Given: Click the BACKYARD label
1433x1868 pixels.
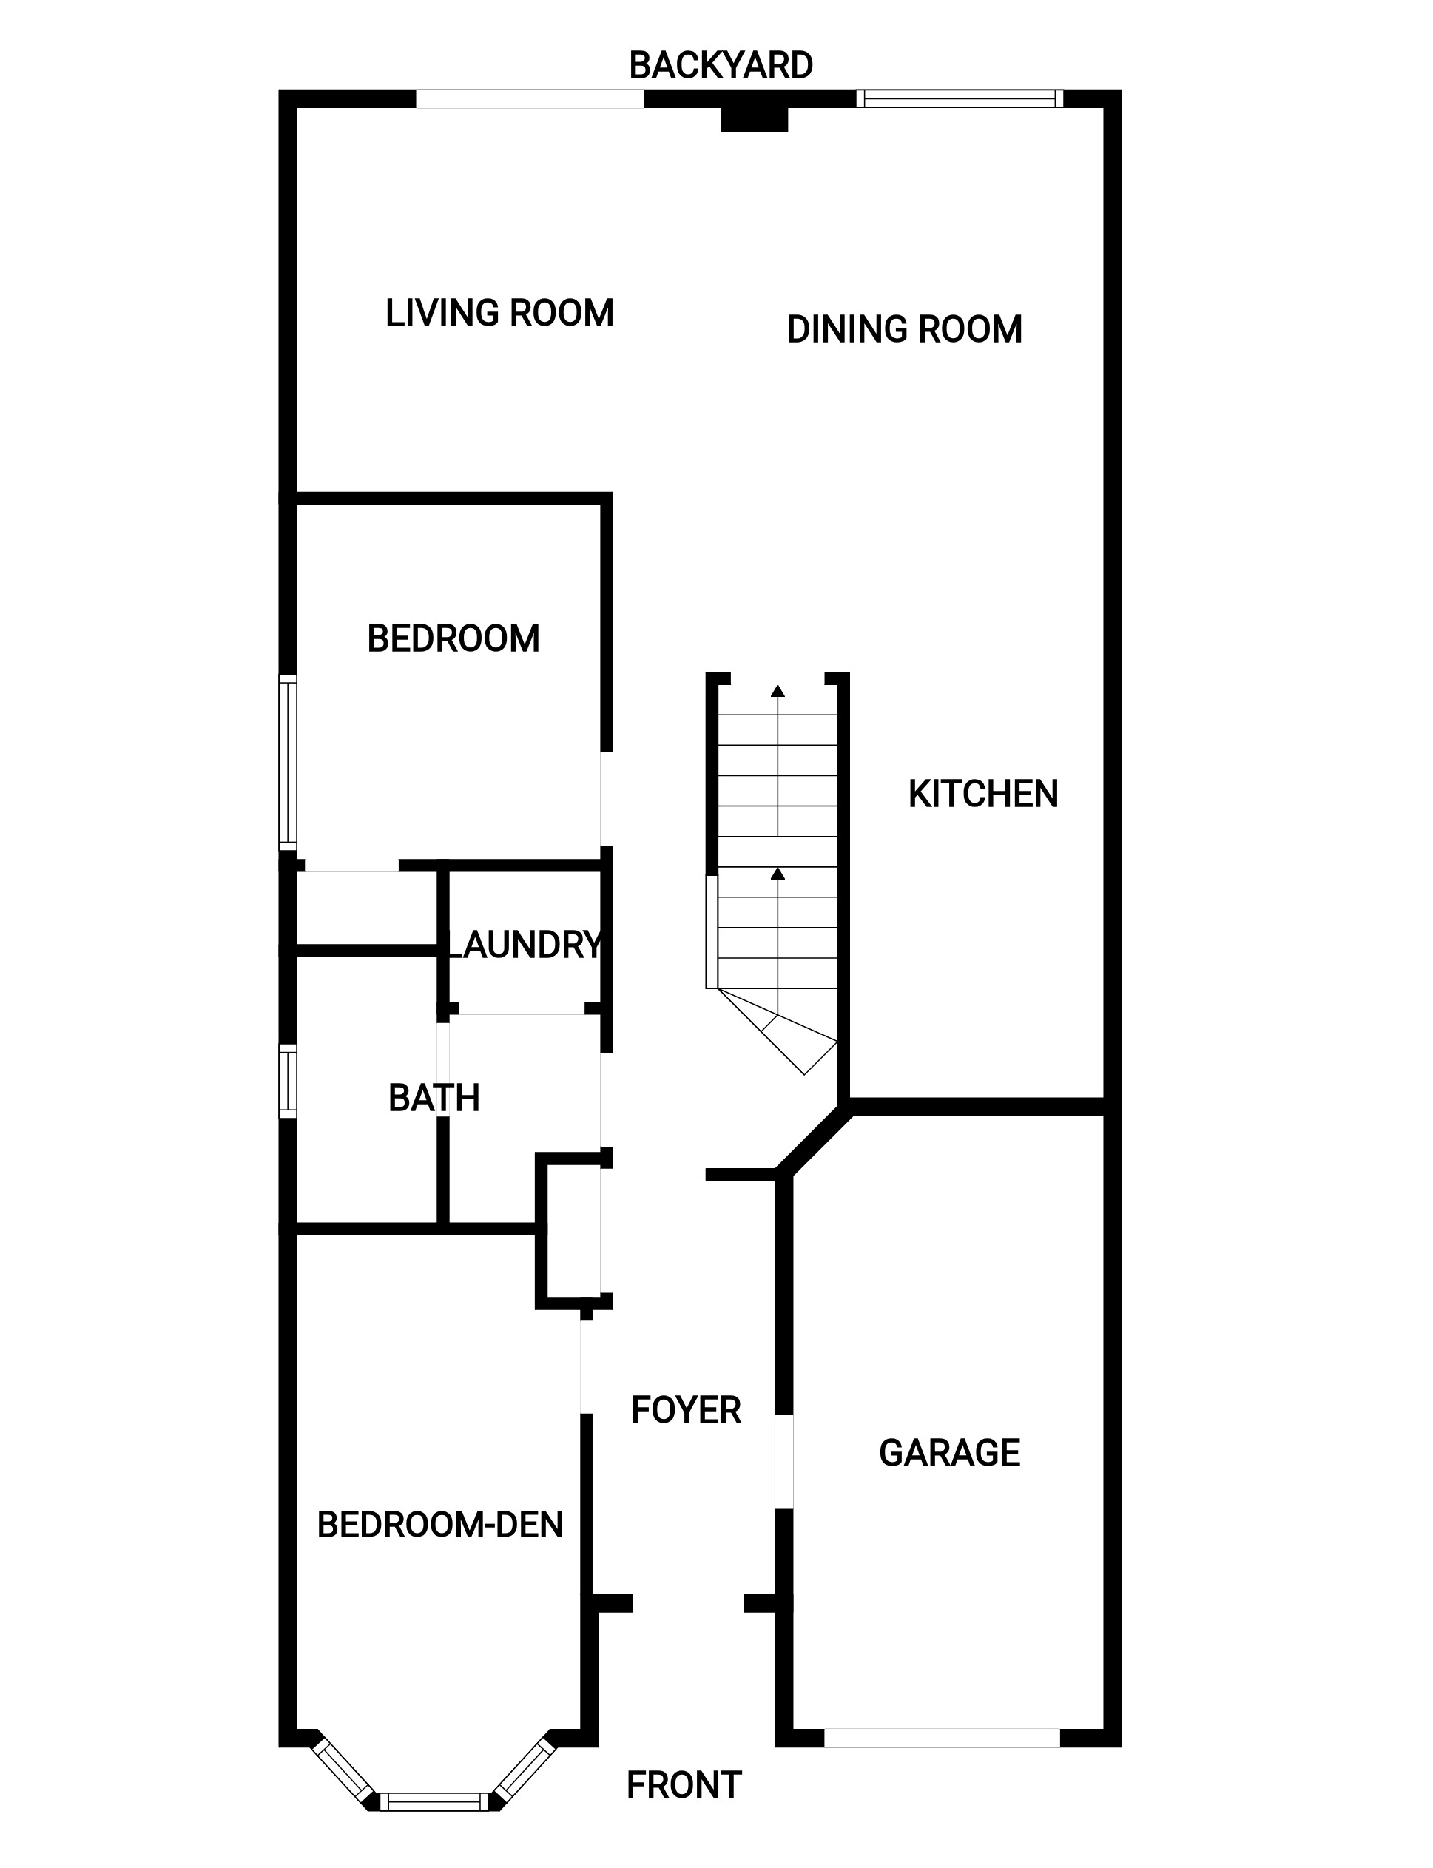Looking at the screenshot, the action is pyautogui.click(x=721, y=66).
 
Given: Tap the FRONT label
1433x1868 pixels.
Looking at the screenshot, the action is pyautogui.click(x=684, y=1785).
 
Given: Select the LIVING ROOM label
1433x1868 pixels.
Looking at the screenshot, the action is pyautogui.click(x=500, y=313).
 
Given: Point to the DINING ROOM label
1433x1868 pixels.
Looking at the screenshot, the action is pyautogui.click(x=904, y=329).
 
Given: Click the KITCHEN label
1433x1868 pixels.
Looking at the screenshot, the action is pyautogui.click(x=983, y=794).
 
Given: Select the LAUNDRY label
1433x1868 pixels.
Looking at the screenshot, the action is pyautogui.click(x=524, y=944).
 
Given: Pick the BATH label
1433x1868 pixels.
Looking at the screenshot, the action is pyautogui.click(x=434, y=1098).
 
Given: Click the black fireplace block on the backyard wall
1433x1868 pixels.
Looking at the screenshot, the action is pyautogui.click(x=754, y=119).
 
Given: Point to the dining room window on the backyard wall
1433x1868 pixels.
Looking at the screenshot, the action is pyautogui.click(x=960, y=99).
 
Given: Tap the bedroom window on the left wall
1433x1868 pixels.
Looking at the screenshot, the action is pyautogui.click(x=289, y=763).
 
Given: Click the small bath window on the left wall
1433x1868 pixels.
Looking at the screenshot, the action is pyautogui.click(x=289, y=1081).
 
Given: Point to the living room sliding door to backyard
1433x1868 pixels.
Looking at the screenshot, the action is pyautogui.click(x=530, y=99).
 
